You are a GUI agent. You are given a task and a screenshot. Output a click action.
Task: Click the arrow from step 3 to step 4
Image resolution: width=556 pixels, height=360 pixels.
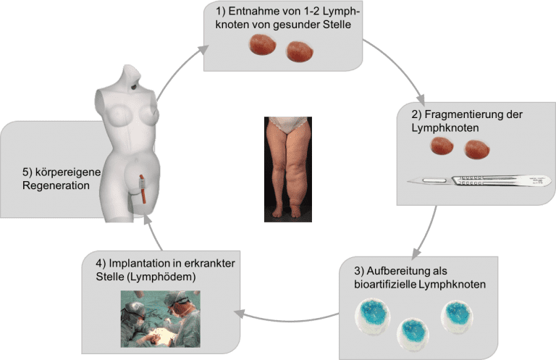tap(290, 317)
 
